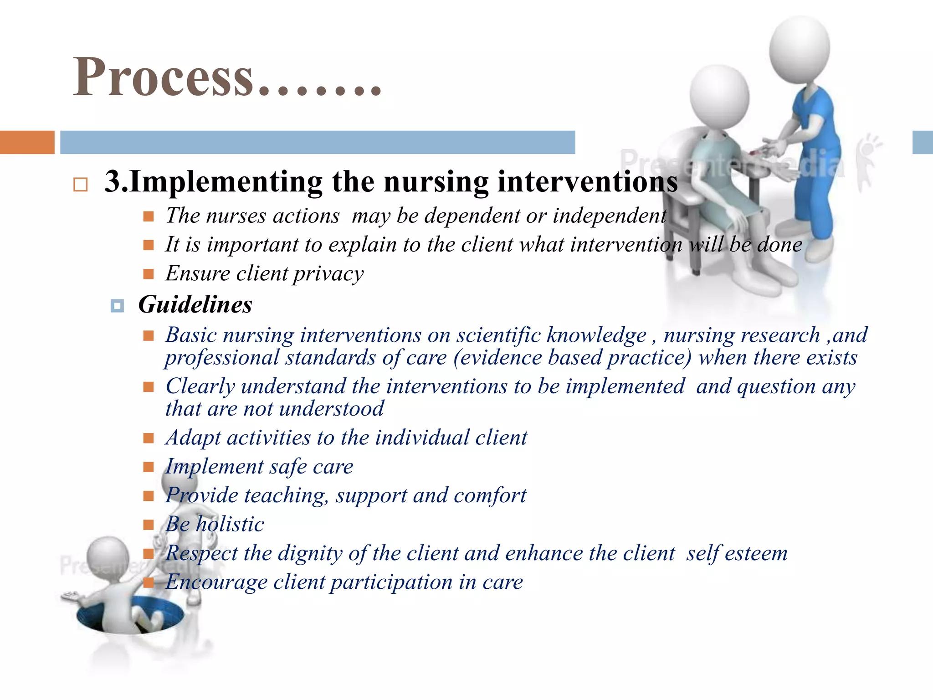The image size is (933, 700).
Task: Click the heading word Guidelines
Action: [195, 304]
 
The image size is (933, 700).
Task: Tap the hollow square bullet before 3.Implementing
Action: [80, 185]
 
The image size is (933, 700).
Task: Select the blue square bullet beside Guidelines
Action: [117, 306]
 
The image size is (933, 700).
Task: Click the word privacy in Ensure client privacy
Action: [328, 274]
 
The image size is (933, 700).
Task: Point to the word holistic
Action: [230, 524]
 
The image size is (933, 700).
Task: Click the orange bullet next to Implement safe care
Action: [149, 467]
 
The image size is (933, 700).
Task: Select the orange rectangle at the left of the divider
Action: [27, 142]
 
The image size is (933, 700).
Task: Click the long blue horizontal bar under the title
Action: [318, 142]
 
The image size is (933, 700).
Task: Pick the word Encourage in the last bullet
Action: [216, 582]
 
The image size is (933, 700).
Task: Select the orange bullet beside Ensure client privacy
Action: [149, 274]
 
